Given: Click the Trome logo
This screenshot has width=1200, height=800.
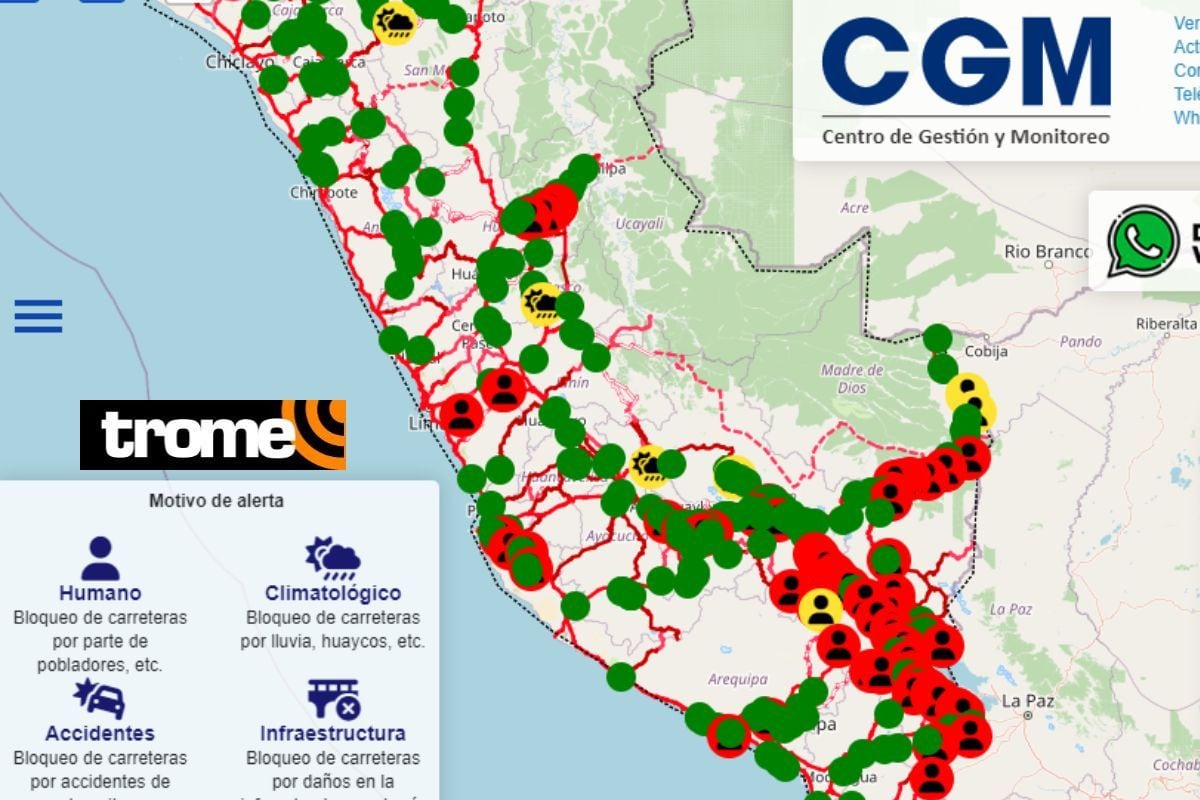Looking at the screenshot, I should tap(212, 434).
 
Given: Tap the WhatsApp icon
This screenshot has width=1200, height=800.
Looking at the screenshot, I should tap(1142, 241).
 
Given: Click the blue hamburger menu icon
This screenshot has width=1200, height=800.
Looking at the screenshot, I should tap(38, 316).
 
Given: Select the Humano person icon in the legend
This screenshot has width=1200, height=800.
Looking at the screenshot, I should tap(99, 559).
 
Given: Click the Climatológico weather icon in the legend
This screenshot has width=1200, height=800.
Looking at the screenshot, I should tap(333, 559).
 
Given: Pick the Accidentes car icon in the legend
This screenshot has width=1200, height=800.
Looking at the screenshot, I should tap(99, 699).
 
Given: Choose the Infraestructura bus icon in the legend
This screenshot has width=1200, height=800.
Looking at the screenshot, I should tap(333, 699).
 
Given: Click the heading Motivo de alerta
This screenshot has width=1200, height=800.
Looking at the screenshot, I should tap(216, 501).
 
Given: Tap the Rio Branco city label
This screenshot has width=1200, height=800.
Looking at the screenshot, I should tap(1047, 251).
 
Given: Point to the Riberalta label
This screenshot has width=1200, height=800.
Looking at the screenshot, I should tap(1166, 323).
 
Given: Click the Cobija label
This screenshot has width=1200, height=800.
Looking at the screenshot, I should tap(986, 352).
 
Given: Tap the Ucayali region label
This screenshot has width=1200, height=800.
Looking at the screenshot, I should tap(640, 224).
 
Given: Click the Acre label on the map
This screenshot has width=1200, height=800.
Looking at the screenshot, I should tap(855, 208).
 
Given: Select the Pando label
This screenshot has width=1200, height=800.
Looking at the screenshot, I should tap(1079, 341).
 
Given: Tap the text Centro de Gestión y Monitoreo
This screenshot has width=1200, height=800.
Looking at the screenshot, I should tap(965, 136).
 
